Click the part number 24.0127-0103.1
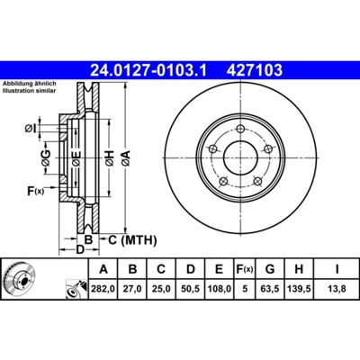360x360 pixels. click(148, 70)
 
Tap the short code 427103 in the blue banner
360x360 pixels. click(255, 70)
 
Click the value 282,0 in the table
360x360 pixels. click(103, 289)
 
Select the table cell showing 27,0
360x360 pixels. click(132, 289)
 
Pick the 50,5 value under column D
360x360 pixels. click(191, 289)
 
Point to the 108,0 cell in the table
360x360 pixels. click(220, 289)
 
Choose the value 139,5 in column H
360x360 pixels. click(299, 289)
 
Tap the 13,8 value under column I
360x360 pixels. click(337, 289)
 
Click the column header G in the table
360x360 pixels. click(270, 269)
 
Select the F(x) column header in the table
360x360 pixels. click(245, 269)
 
